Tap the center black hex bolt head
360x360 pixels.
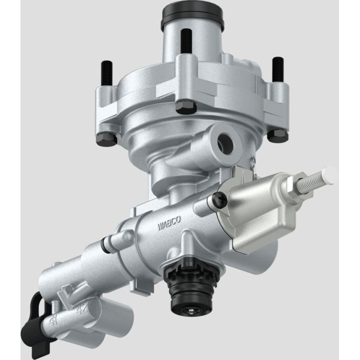pyautogui.click(x=185, y=106)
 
